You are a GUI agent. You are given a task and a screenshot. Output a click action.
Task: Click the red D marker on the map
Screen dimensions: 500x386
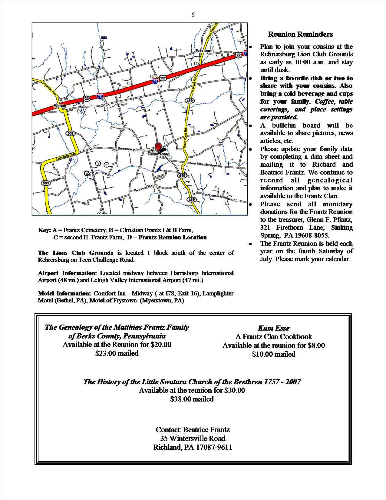pos(157,146)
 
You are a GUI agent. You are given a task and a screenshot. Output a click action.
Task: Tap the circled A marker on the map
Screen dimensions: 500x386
pos(87,173)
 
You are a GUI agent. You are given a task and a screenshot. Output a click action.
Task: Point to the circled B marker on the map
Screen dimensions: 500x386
pos(98,163)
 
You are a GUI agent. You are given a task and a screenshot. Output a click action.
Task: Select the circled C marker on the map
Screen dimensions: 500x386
pos(107,165)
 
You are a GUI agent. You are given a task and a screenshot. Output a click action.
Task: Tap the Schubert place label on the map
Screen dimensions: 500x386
pos(203,51)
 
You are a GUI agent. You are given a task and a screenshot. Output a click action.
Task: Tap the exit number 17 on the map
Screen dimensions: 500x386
pos(196,63)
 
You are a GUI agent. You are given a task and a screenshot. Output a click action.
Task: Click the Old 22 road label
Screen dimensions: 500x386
pos(104,105)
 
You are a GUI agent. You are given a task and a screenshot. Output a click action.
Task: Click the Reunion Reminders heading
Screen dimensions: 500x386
pos(300,34)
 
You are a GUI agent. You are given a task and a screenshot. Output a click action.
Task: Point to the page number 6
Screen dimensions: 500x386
pos(193,15)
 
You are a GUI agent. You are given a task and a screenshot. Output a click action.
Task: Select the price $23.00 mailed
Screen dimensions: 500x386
pos(117,353)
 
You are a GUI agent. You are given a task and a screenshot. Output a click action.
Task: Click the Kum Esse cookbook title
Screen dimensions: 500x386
pos(274,328)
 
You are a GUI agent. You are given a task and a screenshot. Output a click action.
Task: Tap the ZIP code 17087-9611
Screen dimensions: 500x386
pos(216,447)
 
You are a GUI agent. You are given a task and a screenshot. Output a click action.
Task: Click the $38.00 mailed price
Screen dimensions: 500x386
pos(192,399)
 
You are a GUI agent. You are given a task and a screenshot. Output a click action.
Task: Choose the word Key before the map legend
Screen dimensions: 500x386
pos(44,230)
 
